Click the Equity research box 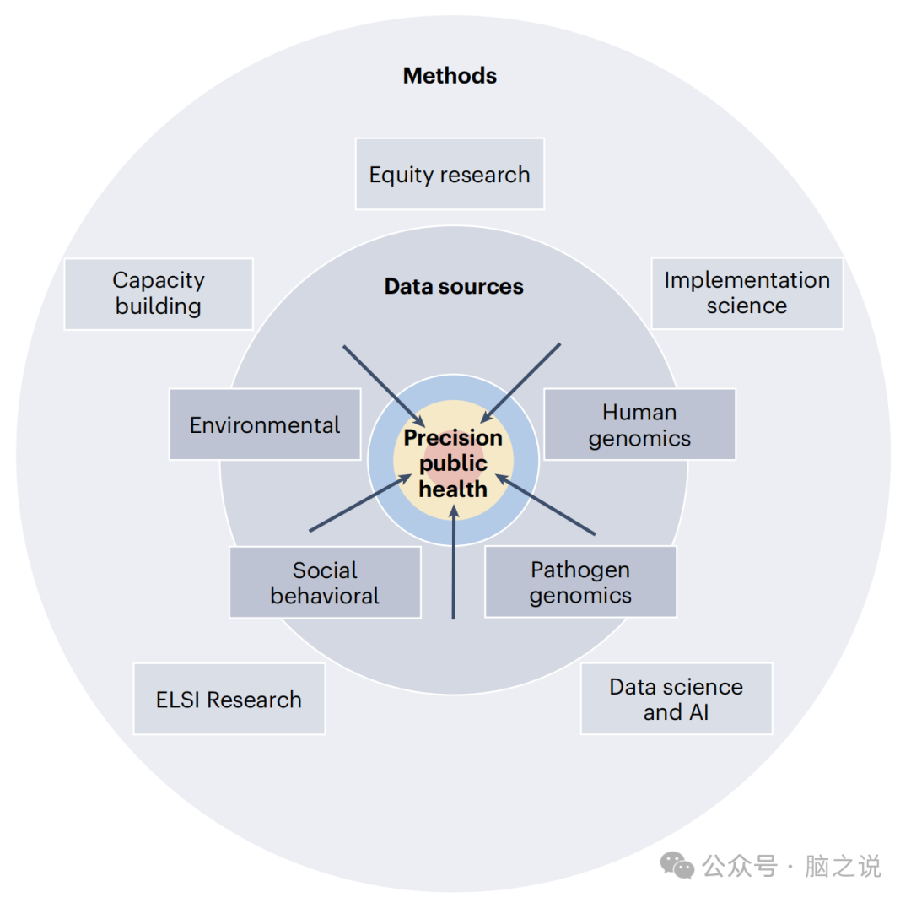(x=450, y=174)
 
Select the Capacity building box (x=159, y=293)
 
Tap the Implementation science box (x=747, y=293)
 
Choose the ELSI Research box (x=229, y=699)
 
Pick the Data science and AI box (x=676, y=699)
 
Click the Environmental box (x=265, y=424)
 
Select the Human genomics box (x=639, y=424)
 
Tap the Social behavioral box (x=325, y=582)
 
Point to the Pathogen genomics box (x=580, y=582)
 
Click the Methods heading (x=450, y=76)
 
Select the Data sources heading (x=454, y=287)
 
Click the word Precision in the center (x=453, y=438)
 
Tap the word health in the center (x=453, y=489)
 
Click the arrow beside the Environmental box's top (x=383, y=383)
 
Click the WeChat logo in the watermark (x=677, y=865)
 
